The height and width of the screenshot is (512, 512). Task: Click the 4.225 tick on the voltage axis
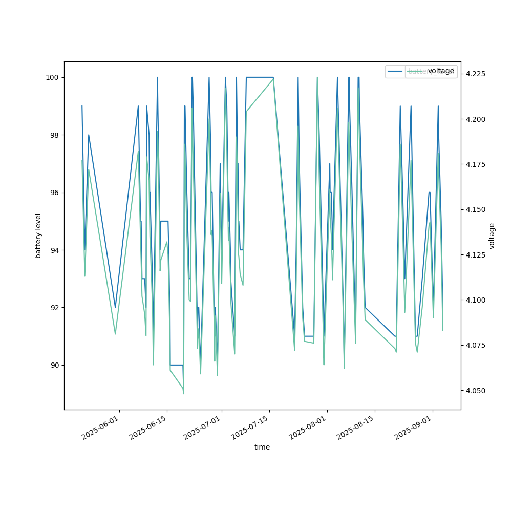coord(475,74)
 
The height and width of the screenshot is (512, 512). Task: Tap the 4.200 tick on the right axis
coord(475,119)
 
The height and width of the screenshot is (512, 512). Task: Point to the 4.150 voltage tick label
coord(475,210)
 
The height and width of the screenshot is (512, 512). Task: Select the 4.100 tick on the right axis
coord(475,300)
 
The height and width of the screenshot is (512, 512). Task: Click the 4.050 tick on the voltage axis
coord(475,391)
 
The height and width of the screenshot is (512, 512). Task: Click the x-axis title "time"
coord(262,447)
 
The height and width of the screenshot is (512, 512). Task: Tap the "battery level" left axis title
coord(38,236)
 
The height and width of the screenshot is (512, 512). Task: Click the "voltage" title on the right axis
coord(492,236)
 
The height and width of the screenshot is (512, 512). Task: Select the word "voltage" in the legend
coord(441,71)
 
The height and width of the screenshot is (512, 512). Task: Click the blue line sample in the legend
coord(395,71)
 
